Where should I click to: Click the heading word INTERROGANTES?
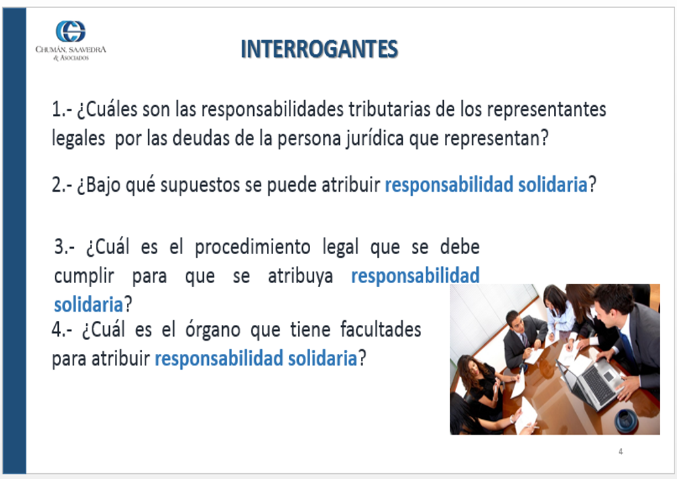[x=319, y=49]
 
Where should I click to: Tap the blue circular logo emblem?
[x=70, y=31]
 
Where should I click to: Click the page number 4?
[x=620, y=451]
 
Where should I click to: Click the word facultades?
[x=380, y=329]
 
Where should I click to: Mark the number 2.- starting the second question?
[x=62, y=185]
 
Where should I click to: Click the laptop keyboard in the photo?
[x=598, y=386]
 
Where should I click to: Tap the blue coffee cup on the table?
[x=625, y=421]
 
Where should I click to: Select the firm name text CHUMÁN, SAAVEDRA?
[x=71, y=50]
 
